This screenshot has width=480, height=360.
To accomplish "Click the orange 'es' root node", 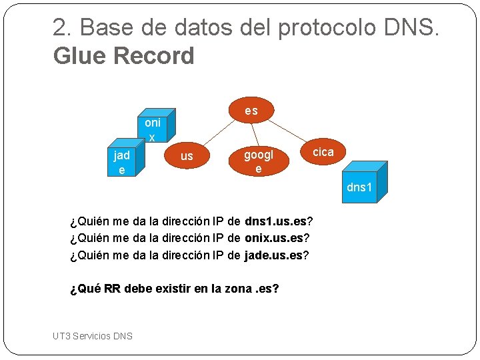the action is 251,110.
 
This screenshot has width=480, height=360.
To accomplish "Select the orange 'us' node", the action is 187,156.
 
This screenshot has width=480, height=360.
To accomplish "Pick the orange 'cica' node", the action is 323,152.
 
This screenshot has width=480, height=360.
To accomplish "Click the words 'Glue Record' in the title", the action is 123,56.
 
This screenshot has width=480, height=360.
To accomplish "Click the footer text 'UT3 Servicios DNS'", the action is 93,335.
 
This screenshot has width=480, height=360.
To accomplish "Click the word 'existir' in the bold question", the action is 181,289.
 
